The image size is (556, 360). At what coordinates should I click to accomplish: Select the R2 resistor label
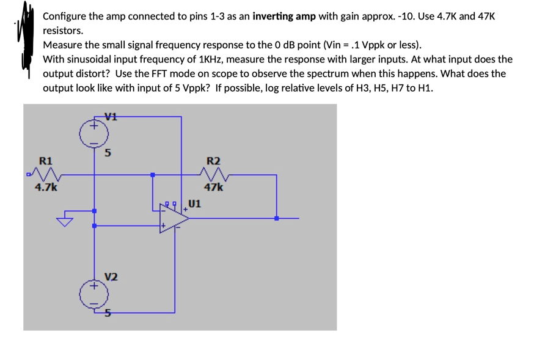214,161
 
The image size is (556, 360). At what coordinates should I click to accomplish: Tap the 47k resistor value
214,188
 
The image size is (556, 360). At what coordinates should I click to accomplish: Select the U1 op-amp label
195,204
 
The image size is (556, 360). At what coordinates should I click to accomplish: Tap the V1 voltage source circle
94,133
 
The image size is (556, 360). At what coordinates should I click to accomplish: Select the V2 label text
111,276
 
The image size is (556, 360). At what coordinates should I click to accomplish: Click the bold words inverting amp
284,16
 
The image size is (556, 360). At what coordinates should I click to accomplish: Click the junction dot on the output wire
277,218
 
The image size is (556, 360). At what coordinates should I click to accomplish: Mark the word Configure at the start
65,16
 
